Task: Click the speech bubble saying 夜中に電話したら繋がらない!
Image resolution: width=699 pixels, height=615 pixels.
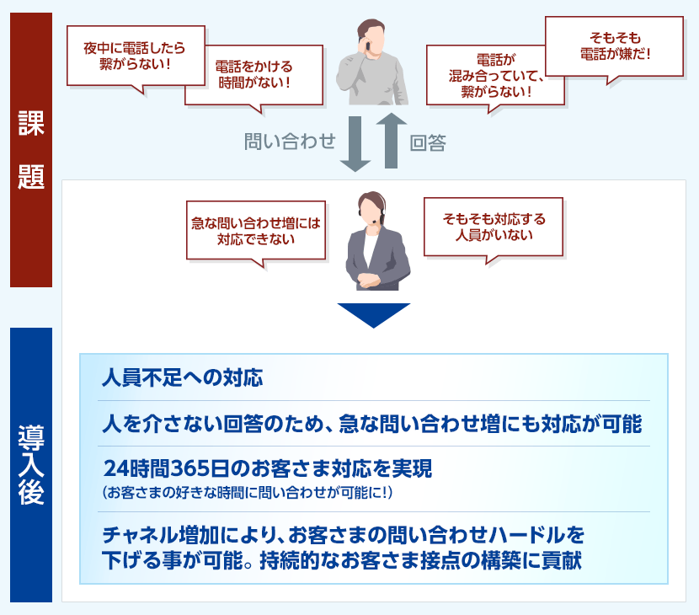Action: (136, 56)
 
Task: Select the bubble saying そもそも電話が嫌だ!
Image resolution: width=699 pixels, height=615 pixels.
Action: (614, 46)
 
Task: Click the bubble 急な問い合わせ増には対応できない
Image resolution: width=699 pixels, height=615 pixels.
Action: (256, 231)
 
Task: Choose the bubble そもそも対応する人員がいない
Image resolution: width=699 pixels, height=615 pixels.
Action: (494, 227)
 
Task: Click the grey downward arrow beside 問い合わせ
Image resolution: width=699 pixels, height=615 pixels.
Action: (355, 143)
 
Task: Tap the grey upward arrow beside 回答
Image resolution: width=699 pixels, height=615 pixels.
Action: (391, 140)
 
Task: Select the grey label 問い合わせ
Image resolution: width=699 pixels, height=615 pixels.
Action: (290, 142)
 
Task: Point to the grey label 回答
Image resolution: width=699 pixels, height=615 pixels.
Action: (428, 143)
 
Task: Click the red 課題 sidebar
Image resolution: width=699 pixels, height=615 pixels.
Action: (31, 150)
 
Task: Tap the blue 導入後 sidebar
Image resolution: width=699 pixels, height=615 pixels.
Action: (31, 465)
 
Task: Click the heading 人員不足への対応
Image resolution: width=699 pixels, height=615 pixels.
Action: (183, 377)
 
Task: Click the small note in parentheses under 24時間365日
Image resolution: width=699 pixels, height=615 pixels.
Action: (248, 493)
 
